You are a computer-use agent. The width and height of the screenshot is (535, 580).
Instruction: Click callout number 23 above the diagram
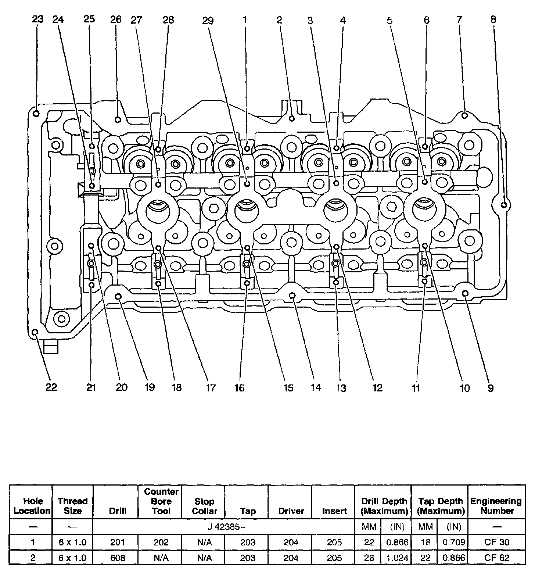click(37, 19)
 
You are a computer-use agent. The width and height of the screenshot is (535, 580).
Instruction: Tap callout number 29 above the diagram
click(208, 21)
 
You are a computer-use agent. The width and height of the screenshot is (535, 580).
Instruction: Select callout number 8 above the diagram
click(493, 20)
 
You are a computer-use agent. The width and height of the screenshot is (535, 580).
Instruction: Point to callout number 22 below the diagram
click(51, 387)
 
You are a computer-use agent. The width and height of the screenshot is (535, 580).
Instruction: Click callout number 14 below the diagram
click(316, 387)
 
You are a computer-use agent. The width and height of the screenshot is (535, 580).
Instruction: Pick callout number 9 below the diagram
click(491, 388)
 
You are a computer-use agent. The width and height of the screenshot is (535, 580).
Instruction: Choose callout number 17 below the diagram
click(210, 387)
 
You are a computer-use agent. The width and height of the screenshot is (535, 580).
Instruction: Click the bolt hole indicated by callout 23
click(36, 113)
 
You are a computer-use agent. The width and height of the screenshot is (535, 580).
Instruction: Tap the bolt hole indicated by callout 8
click(504, 205)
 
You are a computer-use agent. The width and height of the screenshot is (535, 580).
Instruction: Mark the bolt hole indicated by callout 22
click(35, 332)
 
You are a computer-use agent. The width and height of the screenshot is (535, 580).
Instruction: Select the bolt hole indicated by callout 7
click(464, 115)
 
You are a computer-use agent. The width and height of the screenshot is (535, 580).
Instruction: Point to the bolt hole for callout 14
click(292, 295)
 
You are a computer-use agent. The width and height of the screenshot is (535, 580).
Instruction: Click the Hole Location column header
click(32, 506)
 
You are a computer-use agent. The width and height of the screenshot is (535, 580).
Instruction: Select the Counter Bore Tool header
click(161, 501)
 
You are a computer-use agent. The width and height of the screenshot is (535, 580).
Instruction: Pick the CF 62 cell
click(496, 558)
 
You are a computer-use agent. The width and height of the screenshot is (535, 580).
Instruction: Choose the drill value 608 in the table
click(118, 558)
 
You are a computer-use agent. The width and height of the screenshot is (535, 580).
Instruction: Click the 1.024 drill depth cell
click(397, 558)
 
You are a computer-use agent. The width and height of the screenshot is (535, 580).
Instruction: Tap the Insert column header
click(334, 511)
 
